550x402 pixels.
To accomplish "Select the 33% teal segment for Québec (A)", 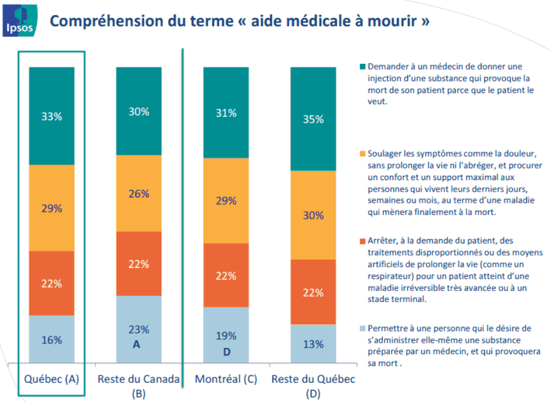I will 52,116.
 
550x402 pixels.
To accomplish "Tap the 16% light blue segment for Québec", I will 52,340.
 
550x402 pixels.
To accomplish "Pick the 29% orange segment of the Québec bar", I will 52,208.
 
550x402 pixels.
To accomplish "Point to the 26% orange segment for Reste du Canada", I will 139,193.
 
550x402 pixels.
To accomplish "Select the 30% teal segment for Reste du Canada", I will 139,112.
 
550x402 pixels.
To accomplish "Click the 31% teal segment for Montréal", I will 226,113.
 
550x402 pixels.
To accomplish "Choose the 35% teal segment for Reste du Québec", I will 313,119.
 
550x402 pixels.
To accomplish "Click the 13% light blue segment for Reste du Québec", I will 313,344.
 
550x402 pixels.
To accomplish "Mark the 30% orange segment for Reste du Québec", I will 313,215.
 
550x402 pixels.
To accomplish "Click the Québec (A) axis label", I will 52,379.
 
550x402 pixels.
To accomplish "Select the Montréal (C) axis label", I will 226,379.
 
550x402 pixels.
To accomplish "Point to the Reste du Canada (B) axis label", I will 139,385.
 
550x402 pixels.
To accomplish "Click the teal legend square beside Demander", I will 363,66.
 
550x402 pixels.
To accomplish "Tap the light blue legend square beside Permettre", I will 363,329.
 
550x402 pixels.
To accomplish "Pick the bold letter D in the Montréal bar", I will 226,351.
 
